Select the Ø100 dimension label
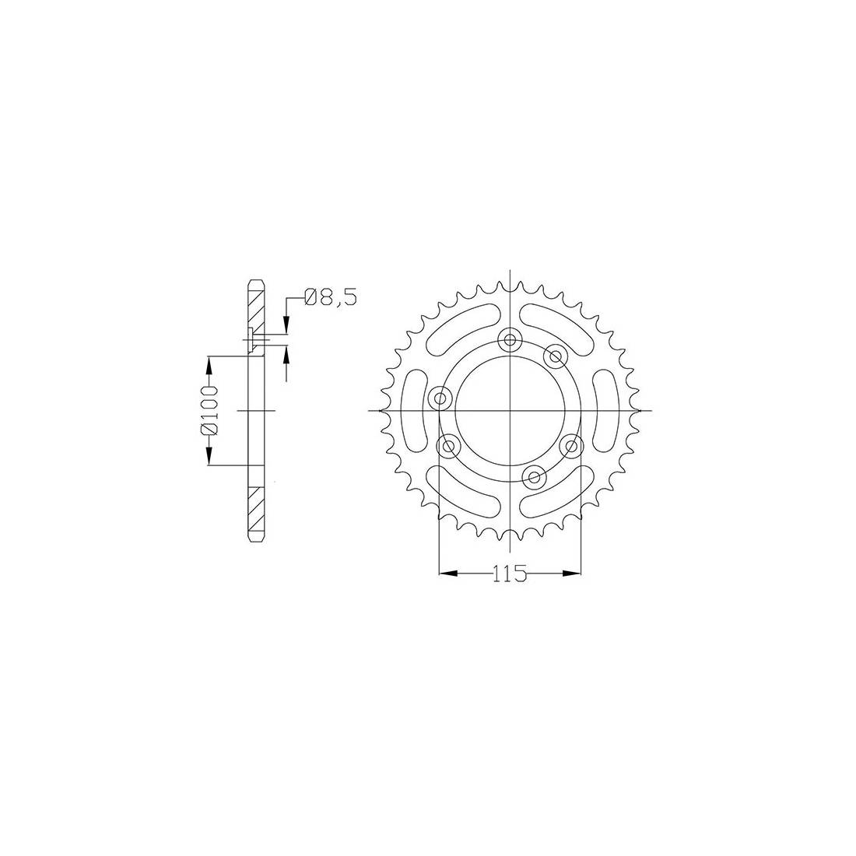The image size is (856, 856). click(x=209, y=411)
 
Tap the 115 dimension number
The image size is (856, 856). click(x=510, y=574)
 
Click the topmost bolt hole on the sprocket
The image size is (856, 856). click(x=510, y=341)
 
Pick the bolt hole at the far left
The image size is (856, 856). click(x=440, y=398)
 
